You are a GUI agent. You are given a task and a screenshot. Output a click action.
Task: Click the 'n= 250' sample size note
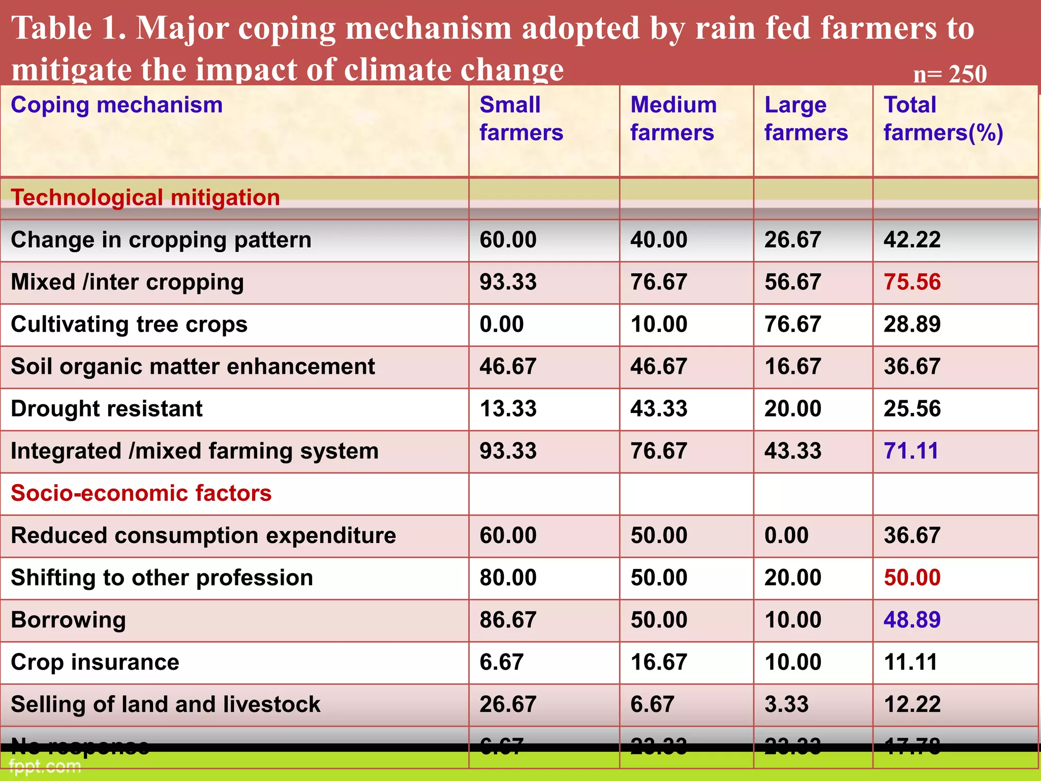coord(950,74)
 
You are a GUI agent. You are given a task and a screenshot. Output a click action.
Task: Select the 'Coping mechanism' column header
coord(116,105)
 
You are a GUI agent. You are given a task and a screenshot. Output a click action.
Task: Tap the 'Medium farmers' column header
coord(673,118)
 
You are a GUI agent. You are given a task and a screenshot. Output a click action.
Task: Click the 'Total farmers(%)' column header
coord(943,118)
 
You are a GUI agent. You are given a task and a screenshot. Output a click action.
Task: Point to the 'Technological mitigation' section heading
coord(145,198)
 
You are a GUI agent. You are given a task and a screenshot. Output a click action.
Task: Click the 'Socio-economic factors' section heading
coord(141,493)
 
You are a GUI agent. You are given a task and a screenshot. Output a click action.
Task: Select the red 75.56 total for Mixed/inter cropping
coord(912,282)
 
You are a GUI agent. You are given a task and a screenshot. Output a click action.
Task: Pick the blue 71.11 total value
coord(911,451)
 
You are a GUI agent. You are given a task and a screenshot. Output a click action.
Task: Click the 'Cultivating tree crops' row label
coord(129,324)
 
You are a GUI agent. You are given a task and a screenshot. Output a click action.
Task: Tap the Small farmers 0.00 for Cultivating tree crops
coord(501,324)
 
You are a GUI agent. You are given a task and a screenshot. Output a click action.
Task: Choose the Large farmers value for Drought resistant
coord(792,409)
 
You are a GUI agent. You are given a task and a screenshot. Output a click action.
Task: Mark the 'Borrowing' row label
coord(68,620)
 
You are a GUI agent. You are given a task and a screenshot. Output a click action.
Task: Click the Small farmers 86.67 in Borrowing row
coord(508,620)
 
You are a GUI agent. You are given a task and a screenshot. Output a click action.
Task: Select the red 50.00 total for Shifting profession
coord(912,578)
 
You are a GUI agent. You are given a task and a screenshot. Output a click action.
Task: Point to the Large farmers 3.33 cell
coord(786,704)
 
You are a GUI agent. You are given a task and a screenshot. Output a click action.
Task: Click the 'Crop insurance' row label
coord(95,662)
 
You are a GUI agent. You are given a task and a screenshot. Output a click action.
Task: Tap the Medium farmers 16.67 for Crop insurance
coord(659,662)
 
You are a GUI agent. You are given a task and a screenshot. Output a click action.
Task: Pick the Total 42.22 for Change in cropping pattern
coord(912,240)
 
